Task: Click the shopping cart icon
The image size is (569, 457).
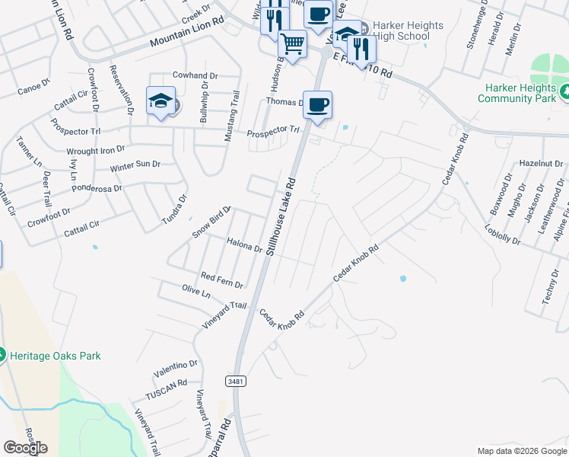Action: click(x=292, y=43)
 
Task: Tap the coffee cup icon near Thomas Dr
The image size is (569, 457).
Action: click(x=317, y=104)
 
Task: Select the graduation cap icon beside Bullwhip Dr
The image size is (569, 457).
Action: click(x=161, y=101)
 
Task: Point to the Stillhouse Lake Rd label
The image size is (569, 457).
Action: click(x=280, y=217)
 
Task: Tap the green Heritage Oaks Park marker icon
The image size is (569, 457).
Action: click(x=2, y=355)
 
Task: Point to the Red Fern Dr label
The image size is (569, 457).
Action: click(x=221, y=280)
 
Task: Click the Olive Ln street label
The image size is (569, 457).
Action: click(x=195, y=292)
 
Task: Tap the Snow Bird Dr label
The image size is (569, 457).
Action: click(x=211, y=222)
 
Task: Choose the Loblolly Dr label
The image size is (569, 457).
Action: click(x=501, y=234)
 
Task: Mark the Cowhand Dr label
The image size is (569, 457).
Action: click(x=195, y=75)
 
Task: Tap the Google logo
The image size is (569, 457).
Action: click(x=25, y=448)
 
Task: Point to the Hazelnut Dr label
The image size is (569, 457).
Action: click(x=541, y=164)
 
